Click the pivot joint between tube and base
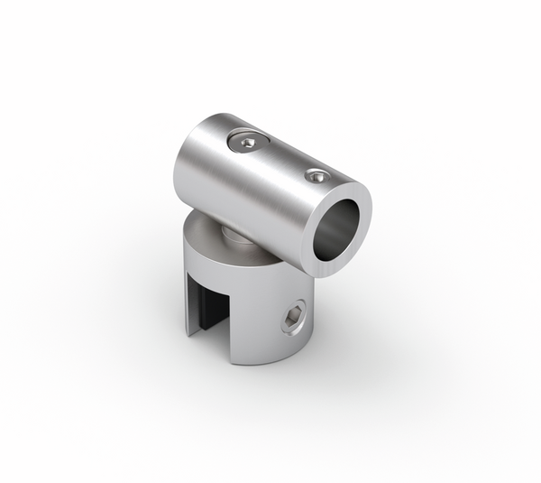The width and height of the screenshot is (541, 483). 233,237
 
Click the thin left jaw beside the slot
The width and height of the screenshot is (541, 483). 192,298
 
